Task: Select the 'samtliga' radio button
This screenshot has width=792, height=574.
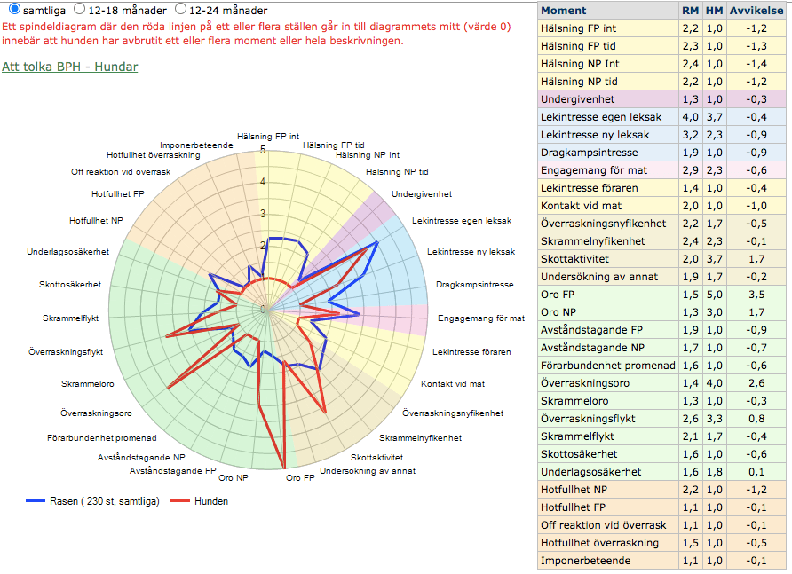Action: pyautogui.click(x=14, y=9)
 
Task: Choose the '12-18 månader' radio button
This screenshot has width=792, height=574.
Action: pyautogui.click(x=80, y=9)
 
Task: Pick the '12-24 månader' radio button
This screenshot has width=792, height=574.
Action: pyautogui.click(x=181, y=9)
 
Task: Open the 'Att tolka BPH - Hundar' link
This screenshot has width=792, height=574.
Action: pyautogui.click(x=70, y=67)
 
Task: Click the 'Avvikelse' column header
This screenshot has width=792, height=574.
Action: pyautogui.click(x=756, y=11)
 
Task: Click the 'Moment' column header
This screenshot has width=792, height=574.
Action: pyautogui.click(x=563, y=11)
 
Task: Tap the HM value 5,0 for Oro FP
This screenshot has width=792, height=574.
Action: pyautogui.click(x=714, y=295)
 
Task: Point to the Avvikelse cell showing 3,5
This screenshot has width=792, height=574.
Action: pyautogui.click(x=756, y=295)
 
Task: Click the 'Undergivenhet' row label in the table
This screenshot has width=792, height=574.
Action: pyautogui.click(x=577, y=99)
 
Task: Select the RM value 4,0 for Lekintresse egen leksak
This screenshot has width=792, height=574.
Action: pyautogui.click(x=690, y=117)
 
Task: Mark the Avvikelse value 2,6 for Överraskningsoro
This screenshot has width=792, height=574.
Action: pyautogui.click(x=756, y=383)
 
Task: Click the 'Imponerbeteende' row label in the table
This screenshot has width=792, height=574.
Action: pyautogui.click(x=586, y=561)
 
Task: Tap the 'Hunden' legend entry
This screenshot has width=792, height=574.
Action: pyautogui.click(x=210, y=501)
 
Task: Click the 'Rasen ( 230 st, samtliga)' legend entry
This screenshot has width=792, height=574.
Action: pyautogui.click(x=107, y=501)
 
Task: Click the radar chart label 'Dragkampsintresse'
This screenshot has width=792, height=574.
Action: pyautogui.click(x=475, y=285)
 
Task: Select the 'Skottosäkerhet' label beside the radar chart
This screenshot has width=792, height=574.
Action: pyautogui.click(x=70, y=285)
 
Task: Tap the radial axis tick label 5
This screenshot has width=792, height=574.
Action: pyautogui.click(x=263, y=150)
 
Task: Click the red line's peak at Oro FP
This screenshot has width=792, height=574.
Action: pyautogui.click(x=286, y=468)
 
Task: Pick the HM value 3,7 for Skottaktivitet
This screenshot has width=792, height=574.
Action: pyautogui.click(x=714, y=259)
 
